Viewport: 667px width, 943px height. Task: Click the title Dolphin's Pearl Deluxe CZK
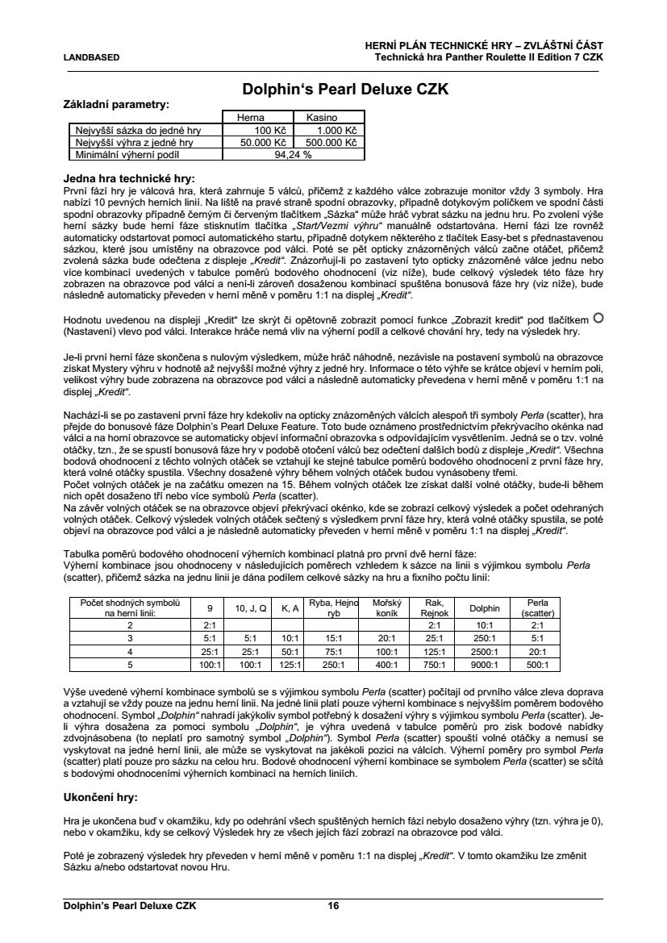[345, 89]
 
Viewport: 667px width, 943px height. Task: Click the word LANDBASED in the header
[91, 57]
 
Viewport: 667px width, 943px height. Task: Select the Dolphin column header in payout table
[484, 608]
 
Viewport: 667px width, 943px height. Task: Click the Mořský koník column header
[387, 608]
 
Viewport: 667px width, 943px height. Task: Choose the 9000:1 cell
[484, 666]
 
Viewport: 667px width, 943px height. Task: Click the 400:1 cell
[387, 666]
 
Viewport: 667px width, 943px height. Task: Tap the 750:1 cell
[435, 666]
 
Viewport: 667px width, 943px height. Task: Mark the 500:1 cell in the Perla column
[537, 666]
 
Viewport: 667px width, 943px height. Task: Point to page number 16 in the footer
[333, 906]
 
